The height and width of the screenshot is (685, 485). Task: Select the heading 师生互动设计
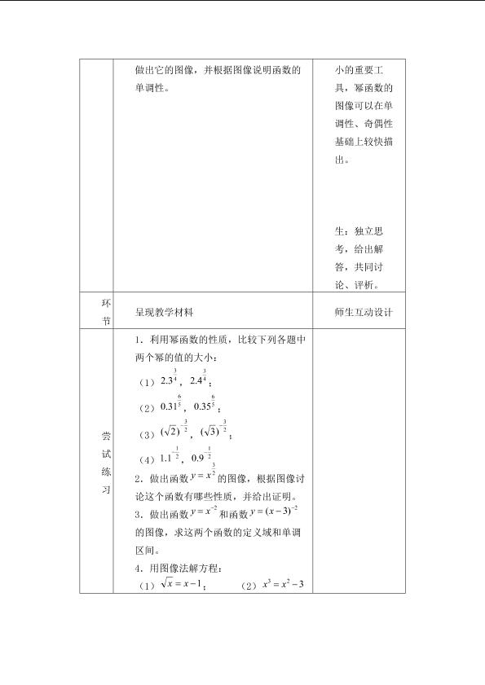[x=359, y=312]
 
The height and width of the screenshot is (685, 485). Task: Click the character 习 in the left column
[x=105, y=490]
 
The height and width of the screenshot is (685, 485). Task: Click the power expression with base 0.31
[x=170, y=404]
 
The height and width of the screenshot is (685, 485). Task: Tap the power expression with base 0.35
[x=203, y=404]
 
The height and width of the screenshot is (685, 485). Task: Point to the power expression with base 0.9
[x=201, y=458]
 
